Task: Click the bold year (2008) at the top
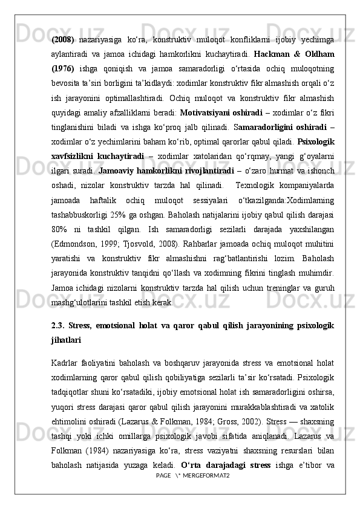[63, 40]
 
